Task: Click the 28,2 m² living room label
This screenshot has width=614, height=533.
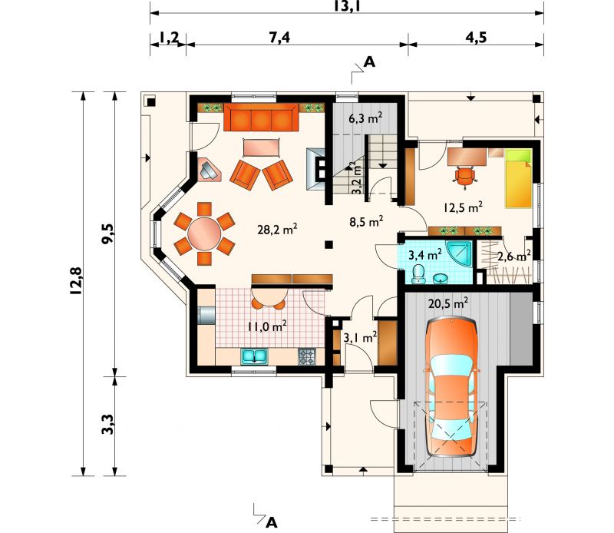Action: pos(277,229)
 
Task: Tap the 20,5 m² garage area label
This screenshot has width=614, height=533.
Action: pos(448,303)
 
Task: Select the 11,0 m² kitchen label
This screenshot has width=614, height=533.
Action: pos(267,326)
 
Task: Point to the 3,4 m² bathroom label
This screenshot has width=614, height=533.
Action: pos(425,255)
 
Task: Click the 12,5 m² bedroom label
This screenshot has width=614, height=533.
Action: pos(463,207)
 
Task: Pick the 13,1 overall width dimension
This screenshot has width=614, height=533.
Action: pos(347,5)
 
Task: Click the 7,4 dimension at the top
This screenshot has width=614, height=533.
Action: pos(279,37)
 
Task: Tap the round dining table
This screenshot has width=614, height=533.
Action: pos(204,234)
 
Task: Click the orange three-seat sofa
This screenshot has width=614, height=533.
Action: pos(261,117)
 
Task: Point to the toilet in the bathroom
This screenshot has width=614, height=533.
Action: pos(418,273)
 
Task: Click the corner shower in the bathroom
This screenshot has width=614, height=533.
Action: pos(459,253)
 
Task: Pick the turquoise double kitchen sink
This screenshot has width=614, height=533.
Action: pos(255,356)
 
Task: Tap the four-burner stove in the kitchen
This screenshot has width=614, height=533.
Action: pos(306,356)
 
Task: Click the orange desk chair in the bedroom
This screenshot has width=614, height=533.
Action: pos(464,176)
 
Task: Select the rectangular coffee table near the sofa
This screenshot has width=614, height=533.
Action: pos(261,148)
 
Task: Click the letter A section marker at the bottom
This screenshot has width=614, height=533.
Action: pos(271,522)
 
